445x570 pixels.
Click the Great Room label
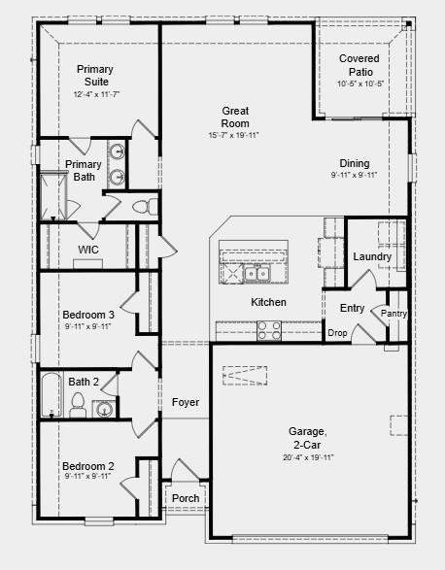point(235,117)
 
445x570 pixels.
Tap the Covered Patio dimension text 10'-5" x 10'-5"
point(360,84)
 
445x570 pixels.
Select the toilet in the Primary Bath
point(145,207)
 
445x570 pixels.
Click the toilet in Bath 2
point(78,405)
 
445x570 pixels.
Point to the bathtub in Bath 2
point(51,394)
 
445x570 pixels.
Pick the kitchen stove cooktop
point(269,330)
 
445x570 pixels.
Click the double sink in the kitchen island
point(257,274)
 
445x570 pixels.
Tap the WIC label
point(88,250)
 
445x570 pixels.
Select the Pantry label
point(394,314)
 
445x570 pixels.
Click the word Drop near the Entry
point(337,333)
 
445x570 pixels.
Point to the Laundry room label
point(372,256)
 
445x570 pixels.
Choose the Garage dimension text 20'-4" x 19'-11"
point(308,457)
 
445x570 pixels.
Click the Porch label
point(186,498)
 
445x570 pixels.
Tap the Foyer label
point(186,402)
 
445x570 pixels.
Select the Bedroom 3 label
point(88,315)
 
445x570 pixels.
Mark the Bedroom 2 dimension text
point(87,476)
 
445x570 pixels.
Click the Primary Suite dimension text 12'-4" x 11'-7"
point(96,94)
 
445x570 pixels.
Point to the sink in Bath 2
point(104,409)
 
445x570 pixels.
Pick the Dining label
point(355,163)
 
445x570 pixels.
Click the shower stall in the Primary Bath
point(53,197)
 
